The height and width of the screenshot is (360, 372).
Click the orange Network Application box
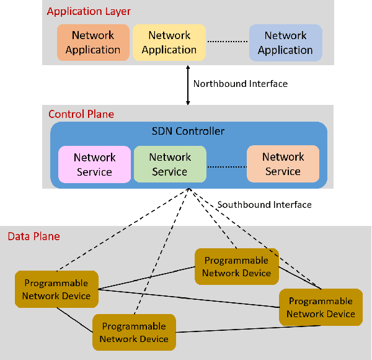coord(93,43)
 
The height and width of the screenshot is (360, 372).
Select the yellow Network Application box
coord(169,43)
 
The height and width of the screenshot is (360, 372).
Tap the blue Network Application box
coord(285,43)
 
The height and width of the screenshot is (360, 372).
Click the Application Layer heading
coord(89,11)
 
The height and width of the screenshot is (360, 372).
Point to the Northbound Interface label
coord(241,84)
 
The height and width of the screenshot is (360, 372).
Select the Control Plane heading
coord(81,114)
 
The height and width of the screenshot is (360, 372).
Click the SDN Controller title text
coord(188,131)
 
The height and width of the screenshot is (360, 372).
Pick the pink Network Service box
coord(95,164)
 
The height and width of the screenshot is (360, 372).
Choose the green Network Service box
coord(170,164)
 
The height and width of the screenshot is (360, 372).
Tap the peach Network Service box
coord(283,164)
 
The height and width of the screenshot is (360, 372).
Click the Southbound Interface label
coord(265,204)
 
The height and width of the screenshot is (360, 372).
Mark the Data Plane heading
coord(33,236)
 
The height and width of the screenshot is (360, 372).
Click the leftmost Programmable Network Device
coord(56,289)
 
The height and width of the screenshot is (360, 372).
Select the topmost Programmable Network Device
coord(236,267)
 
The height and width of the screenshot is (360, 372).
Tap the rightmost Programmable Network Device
coord(321,307)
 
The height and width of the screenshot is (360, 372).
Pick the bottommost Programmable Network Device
coord(134,333)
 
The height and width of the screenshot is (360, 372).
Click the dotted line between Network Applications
coord(227,42)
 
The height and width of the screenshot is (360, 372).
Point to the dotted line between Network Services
coord(226,166)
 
